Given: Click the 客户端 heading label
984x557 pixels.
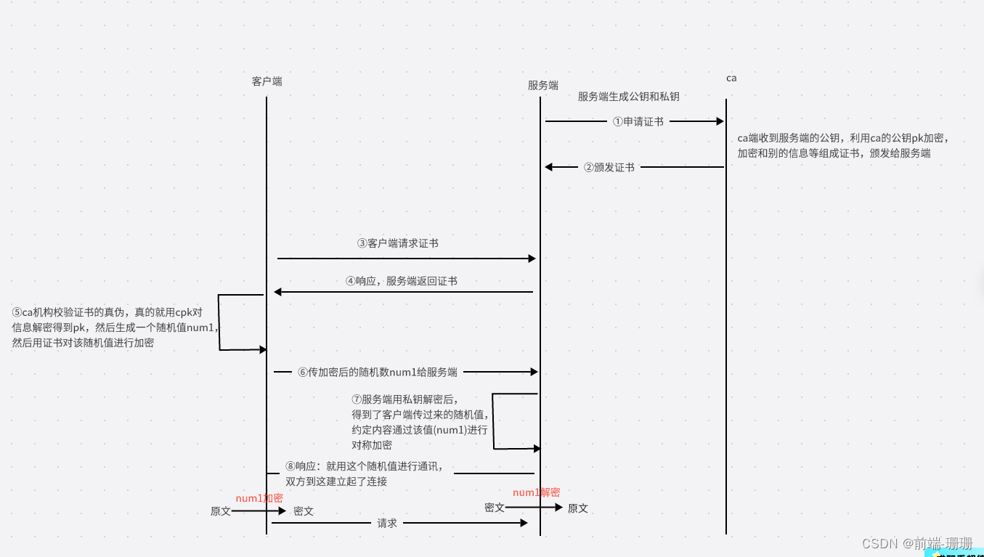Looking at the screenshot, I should click(267, 81).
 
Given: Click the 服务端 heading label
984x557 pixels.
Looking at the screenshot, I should click(542, 85).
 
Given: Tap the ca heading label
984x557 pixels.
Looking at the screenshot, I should click(731, 78).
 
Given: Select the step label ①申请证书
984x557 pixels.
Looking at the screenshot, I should click(638, 122).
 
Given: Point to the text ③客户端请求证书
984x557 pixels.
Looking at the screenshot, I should click(397, 243).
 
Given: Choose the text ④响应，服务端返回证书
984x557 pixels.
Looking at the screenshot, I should click(401, 280).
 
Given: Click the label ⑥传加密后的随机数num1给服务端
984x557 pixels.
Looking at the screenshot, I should click(377, 372).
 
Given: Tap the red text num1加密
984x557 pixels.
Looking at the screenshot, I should click(259, 497).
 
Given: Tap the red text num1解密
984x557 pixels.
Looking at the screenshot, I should click(536, 492).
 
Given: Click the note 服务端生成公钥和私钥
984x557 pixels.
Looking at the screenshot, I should click(628, 97).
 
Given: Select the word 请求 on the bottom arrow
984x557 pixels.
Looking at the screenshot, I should click(387, 523).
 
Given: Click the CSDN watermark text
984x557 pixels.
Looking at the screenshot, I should click(916, 543).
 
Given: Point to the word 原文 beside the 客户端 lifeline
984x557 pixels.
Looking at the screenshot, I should click(221, 511).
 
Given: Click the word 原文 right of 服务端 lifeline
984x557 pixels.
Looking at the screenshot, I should click(578, 508).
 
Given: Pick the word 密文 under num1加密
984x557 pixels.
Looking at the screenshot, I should click(304, 511).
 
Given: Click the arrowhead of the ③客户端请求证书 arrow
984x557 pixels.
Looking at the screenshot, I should click(532, 259).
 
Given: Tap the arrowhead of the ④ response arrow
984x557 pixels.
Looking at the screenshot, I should click(277, 292).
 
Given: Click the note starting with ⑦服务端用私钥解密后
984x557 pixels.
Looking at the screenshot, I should click(419, 422).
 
